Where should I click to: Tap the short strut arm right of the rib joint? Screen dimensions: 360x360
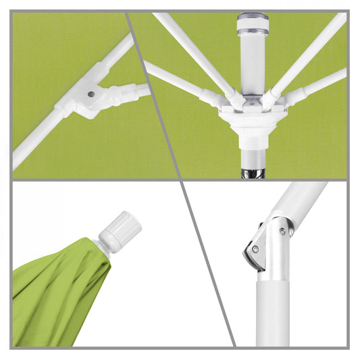point(129,92)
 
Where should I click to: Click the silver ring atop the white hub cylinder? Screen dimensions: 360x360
point(253,20)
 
